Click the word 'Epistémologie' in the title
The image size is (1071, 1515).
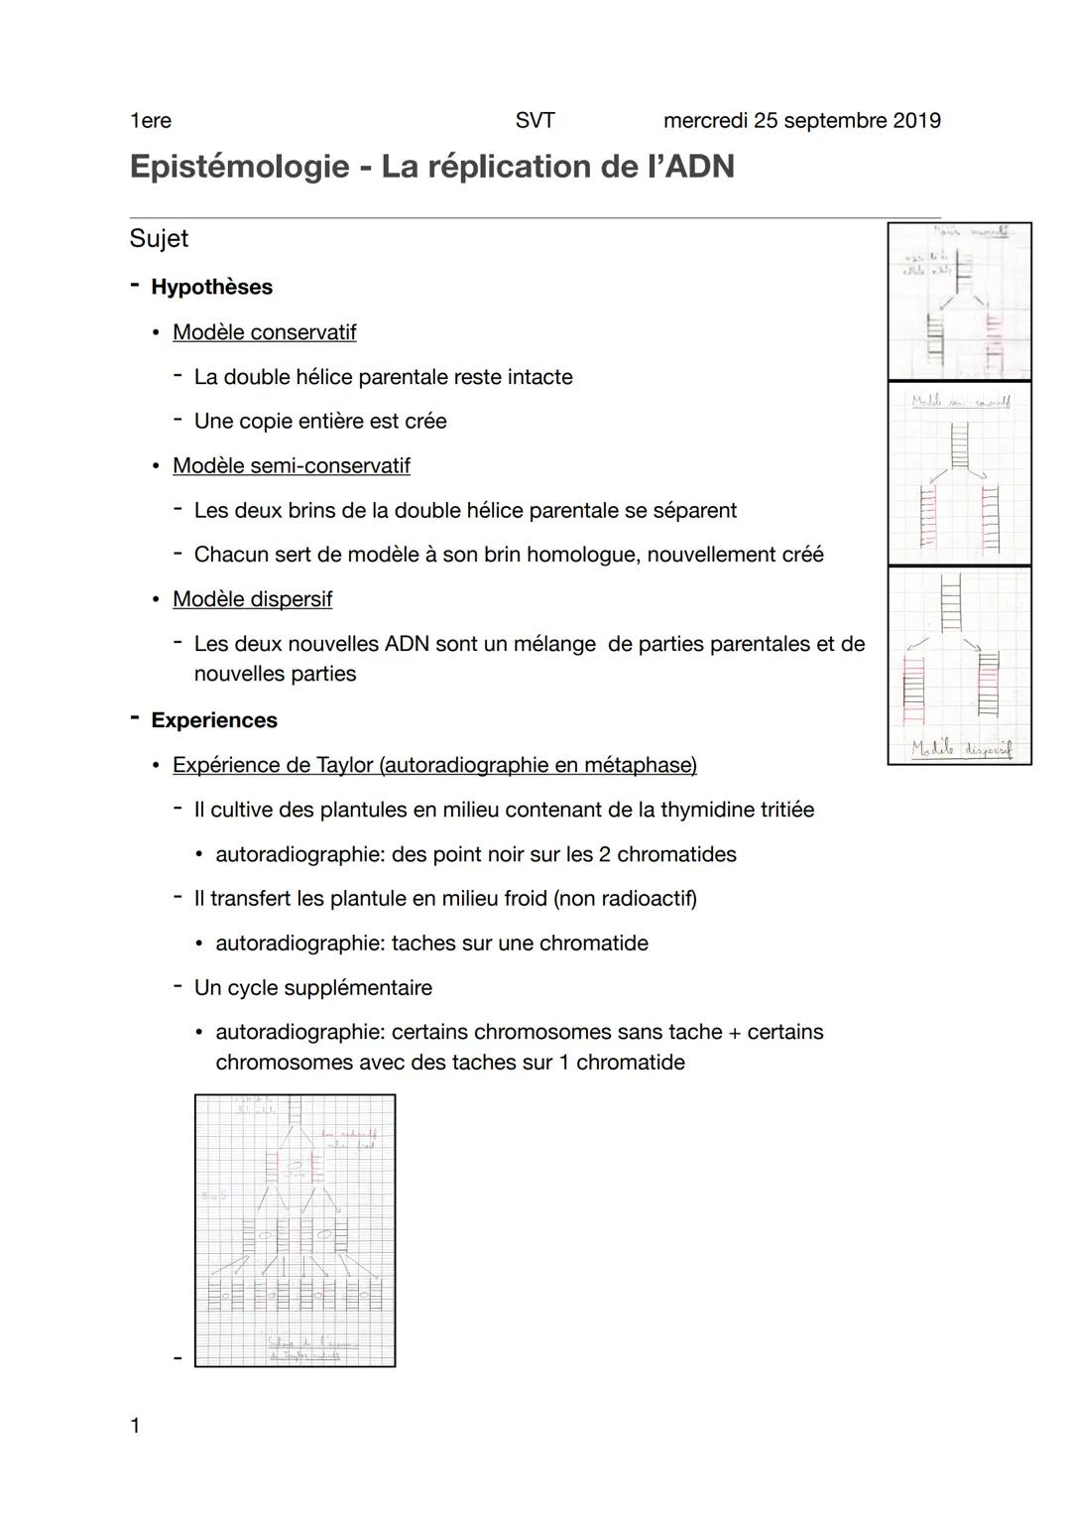(x=239, y=167)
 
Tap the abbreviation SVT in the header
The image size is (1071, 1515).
(x=535, y=121)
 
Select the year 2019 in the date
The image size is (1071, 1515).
(x=916, y=121)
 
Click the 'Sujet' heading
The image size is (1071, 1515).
(x=159, y=239)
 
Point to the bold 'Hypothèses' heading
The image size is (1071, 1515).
(x=211, y=287)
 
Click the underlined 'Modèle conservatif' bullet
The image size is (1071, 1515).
(x=264, y=332)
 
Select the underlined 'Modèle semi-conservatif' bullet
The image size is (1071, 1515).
(x=291, y=465)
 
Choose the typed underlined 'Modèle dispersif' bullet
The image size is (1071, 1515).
(x=252, y=599)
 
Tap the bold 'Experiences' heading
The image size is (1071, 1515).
(x=214, y=720)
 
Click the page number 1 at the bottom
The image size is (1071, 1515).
(x=136, y=1426)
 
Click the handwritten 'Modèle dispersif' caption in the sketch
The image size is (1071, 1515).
(x=961, y=749)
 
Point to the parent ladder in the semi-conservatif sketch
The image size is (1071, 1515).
(x=959, y=443)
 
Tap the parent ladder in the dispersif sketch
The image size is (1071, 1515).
(x=950, y=602)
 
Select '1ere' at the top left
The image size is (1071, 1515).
(x=151, y=121)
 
